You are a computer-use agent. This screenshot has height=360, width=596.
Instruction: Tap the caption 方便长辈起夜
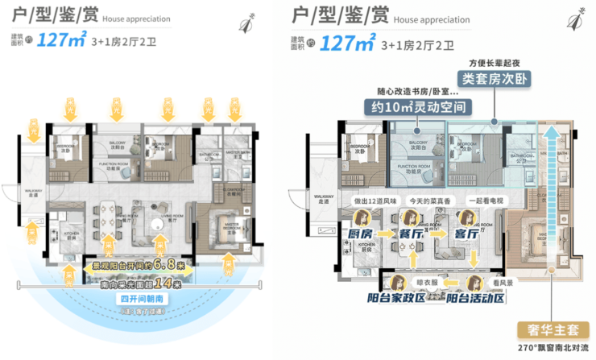coord(495,62)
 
